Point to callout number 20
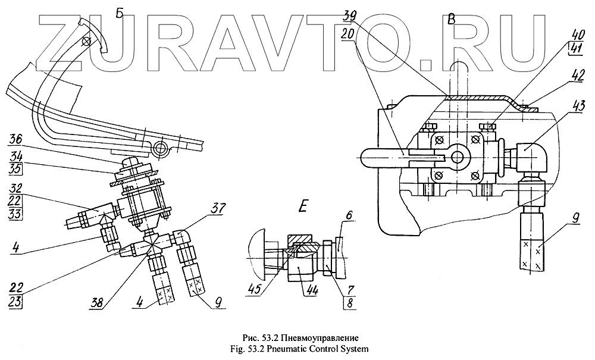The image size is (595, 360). click(x=349, y=33)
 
